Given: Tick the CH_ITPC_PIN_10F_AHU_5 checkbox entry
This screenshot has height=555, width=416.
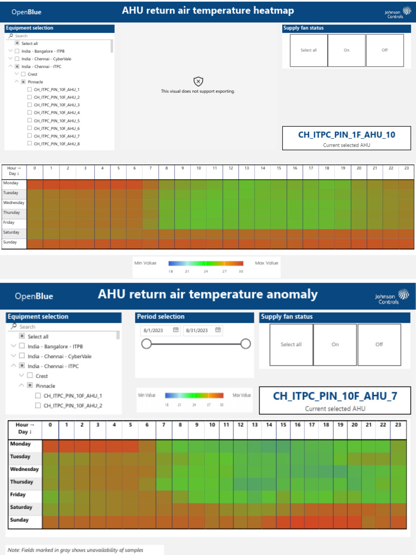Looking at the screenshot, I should (29, 120).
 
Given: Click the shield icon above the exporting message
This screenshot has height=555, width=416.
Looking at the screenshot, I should (198, 81).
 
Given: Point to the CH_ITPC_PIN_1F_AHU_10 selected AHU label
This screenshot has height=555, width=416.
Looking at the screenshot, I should (347, 134).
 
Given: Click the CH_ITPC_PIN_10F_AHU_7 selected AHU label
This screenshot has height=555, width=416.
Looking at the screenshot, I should (335, 396).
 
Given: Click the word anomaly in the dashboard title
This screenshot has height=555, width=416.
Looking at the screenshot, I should (290, 294).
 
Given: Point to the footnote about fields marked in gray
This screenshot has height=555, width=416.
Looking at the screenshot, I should (76, 550).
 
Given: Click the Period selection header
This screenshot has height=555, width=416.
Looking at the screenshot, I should (161, 317).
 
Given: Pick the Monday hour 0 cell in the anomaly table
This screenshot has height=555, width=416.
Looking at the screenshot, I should (50, 446).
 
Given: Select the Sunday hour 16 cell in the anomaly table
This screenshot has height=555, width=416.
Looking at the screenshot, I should (297, 522).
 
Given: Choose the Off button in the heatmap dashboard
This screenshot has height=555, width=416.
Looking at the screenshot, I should (385, 50).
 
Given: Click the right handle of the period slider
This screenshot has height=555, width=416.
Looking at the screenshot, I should (245, 344).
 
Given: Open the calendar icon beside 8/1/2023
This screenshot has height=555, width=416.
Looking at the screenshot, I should (175, 330).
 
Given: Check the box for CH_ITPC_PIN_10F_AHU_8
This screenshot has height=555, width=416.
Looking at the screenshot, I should (29, 144).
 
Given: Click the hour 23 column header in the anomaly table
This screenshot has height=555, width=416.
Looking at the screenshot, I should (398, 424).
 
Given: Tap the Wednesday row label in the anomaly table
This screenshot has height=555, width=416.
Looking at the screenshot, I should (24, 469).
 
